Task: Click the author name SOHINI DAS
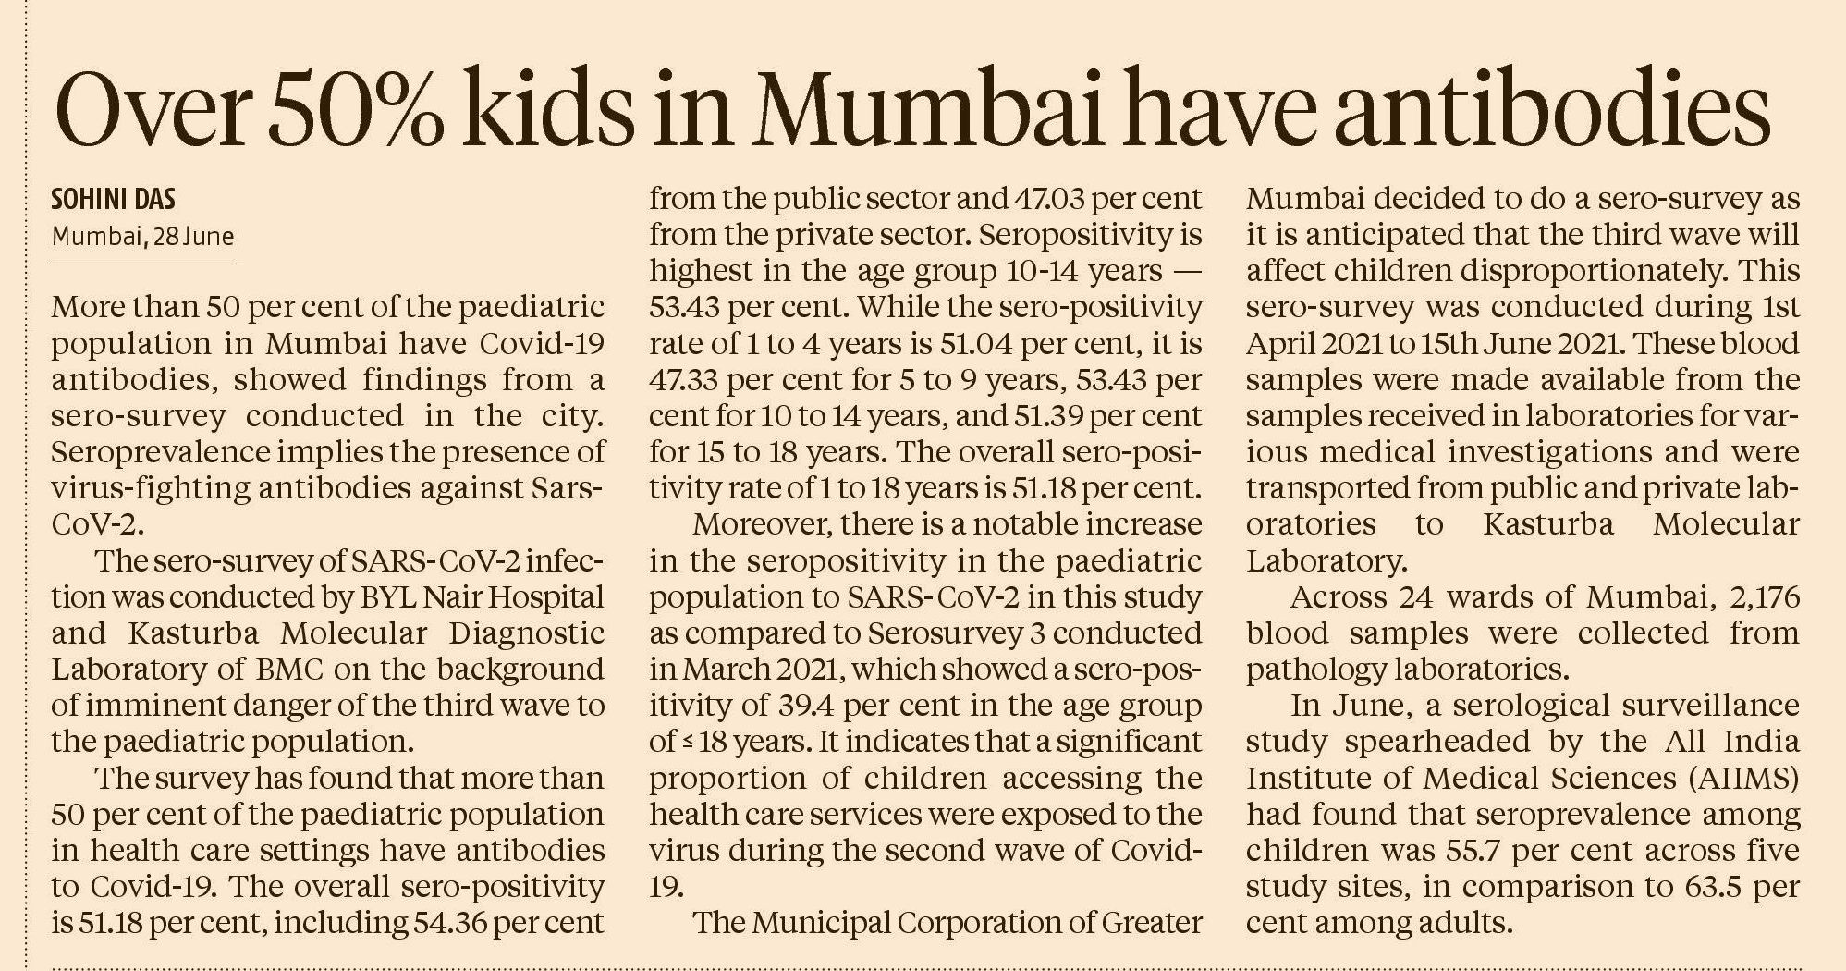(x=114, y=199)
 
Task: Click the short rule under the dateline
(x=142, y=264)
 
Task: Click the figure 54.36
(x=447, y=923)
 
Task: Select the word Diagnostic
(x=527, y=633)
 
